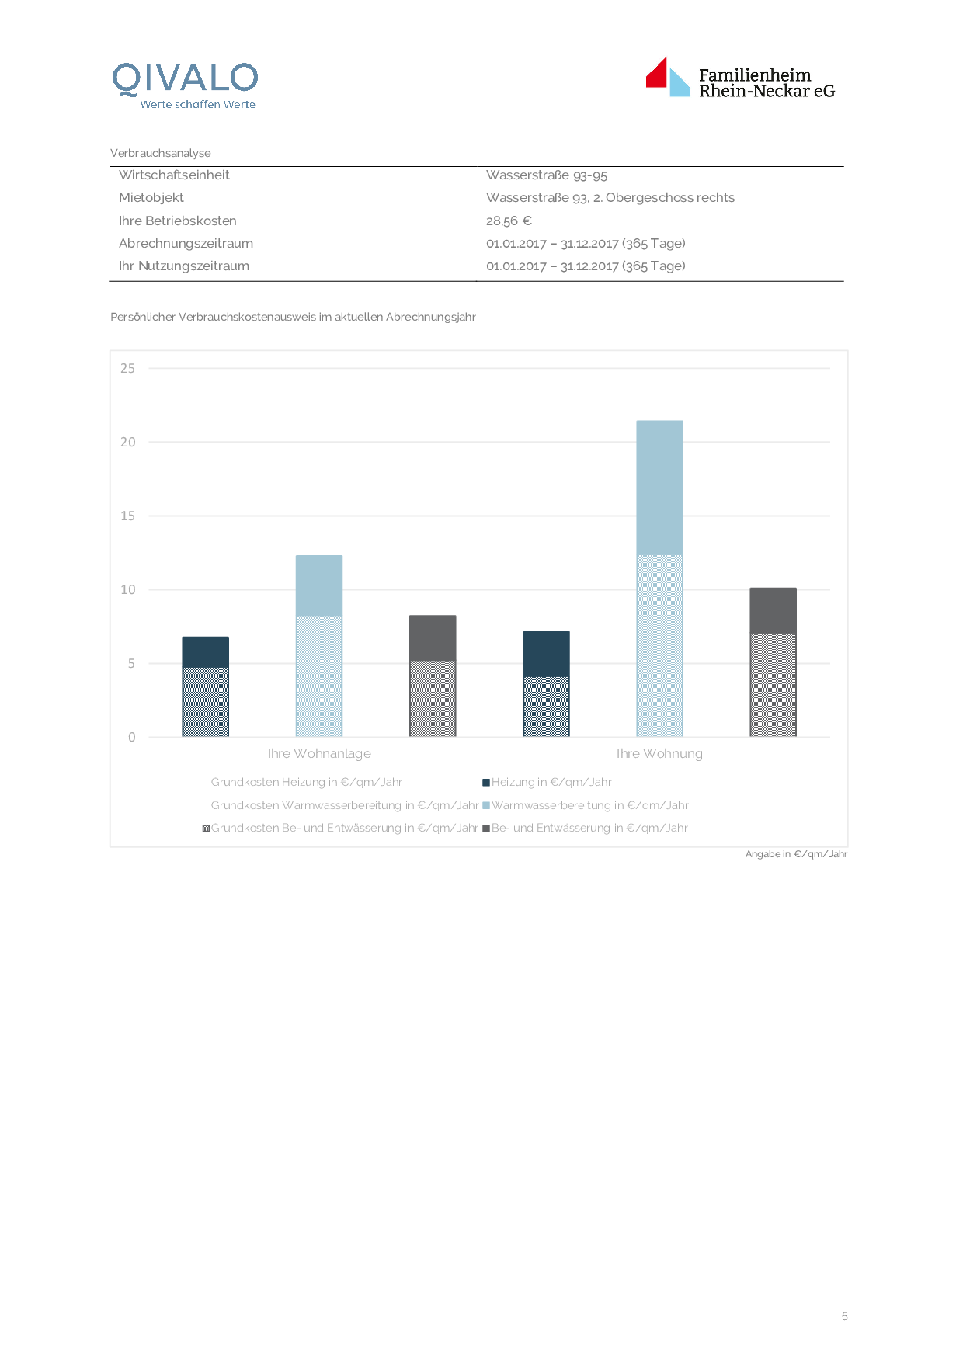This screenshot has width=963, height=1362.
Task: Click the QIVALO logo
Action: pyautogui.click(x=185, y=84)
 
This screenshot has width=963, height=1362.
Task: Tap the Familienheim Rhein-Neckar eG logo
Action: pyautogui.click(x=740, y=79)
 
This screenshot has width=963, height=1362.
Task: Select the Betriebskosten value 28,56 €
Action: pyautogui.click(x=509, y=221)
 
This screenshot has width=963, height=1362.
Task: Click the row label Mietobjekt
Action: pyautogui.click(x=151, y=197)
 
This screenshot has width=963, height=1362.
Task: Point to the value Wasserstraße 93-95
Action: pyautogui.click(x=547, y=175)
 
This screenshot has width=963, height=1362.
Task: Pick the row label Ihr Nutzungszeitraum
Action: pyautogui.click(x=184, y=266)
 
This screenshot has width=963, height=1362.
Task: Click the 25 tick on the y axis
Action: pyautogui.click(x=127, y=368)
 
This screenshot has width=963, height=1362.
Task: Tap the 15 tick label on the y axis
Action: pyautogui.click(x=127, y=516)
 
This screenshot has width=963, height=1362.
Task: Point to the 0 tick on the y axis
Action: pyautogui.click(x=131, y=737)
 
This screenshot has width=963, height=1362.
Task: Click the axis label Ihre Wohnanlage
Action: pyautogui.click(x=319, y=753)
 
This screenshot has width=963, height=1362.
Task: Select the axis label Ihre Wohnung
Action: pyautogui.click(x=659, y=753)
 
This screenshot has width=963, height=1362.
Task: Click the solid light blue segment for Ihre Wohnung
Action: pyautogui.click(x=659, y=488)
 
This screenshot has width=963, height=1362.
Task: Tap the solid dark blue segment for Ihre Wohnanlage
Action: pyautogui.click(x=205, y=652)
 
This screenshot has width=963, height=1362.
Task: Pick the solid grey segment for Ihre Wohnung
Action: pyautogui.click(x=773, y=610)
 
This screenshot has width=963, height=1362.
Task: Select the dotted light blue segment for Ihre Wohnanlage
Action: pyautogui.click(x=319, y=676)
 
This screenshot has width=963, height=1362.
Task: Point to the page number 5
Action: pyautogui.click(x=844, y=1316)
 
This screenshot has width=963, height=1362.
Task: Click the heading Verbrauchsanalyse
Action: pyautogui.click(x=161, y=153)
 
